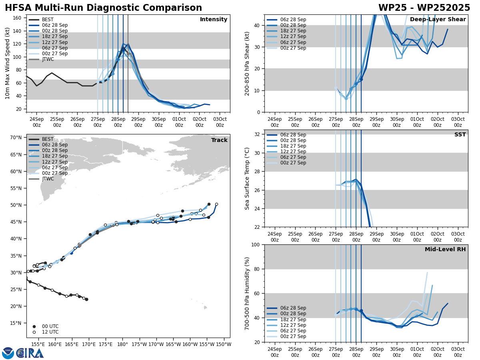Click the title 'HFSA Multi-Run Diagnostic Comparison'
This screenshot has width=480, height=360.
coord(103,8)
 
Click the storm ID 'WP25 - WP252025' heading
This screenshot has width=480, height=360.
coord(424,8)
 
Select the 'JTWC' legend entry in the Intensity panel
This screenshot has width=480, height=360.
coord(48,59)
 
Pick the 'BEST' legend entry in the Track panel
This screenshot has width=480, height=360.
coord(48,139)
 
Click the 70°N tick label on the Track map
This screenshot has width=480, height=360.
coord(16,138)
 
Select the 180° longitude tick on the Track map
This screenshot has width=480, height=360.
coord(122,344)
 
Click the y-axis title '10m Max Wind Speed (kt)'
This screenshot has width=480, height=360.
coord(7,63)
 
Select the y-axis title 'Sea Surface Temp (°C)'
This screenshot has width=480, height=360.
coord(247,178)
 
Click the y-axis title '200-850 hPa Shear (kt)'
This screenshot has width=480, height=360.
coord(247,63)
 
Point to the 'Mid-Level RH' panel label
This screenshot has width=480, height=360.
coord(445,250)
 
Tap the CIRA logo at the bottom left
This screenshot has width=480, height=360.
coord(30,353)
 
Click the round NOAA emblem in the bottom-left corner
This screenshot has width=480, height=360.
coord(8,353)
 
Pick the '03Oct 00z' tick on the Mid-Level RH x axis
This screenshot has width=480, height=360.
coord(458,352)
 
